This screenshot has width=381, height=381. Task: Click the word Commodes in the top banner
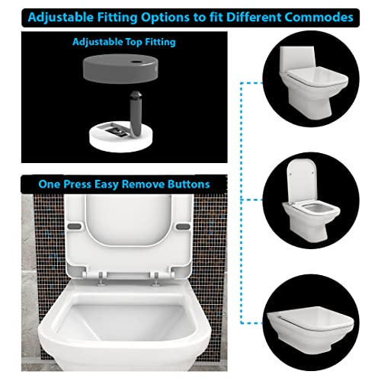point(319,18)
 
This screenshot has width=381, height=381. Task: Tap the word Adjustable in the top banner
point(61,18)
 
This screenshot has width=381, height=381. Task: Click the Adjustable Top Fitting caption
point(124,42)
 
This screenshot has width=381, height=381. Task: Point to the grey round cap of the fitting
point(120,69)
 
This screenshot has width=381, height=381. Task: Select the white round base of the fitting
point(121,136)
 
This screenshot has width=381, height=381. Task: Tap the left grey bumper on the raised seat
point(75,226)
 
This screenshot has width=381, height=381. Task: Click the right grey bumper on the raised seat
point(183,226)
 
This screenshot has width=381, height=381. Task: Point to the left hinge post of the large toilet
point(101,279)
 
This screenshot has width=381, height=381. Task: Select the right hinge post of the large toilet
point(156,279)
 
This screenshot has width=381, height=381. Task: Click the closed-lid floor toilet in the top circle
point(313,82)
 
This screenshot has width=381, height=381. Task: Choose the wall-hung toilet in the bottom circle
point(311,329)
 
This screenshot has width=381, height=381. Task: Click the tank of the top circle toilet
point(297,59)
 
